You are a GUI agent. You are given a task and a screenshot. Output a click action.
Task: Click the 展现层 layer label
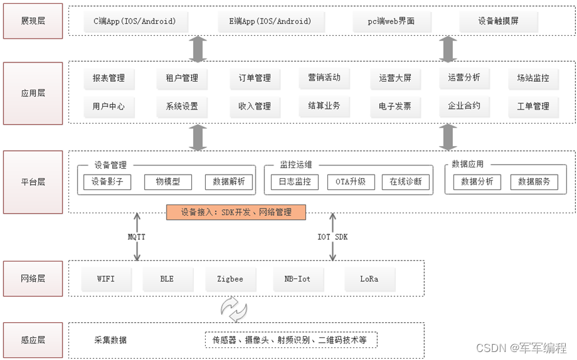(x=33, y=21)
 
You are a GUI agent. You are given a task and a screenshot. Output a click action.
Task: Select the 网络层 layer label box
(x=33, y=279)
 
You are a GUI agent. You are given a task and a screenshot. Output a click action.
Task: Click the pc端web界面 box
(x=392, y=21)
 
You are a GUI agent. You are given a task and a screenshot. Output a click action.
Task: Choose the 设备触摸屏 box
(x=498, y=21)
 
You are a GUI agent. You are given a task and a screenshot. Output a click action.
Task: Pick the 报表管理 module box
(x=109, y=78)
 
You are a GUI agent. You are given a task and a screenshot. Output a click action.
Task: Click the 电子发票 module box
(x=395, y=106)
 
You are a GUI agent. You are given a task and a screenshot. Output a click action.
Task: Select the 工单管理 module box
(x=533, y=106)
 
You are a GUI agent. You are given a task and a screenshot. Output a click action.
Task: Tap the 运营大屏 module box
(x=395, y=78)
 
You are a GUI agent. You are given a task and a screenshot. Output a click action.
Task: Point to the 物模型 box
(x=167, y=181)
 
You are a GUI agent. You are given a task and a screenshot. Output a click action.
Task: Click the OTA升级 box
(x=351, y=181)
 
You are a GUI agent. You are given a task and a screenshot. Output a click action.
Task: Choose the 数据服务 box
(x=534, y=181)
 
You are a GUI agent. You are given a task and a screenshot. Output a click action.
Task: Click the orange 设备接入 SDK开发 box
(x=236, y=213)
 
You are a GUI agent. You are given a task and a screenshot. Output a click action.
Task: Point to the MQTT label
(x=137, y=236)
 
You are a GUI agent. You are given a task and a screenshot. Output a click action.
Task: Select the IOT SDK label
(x=332, y=236)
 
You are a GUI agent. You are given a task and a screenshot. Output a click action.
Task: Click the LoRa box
(x=369, y=279)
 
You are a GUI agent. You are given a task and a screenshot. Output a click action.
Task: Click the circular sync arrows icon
(x=234, y=309)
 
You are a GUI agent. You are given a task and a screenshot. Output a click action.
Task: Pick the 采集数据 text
(x=110, y=340)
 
